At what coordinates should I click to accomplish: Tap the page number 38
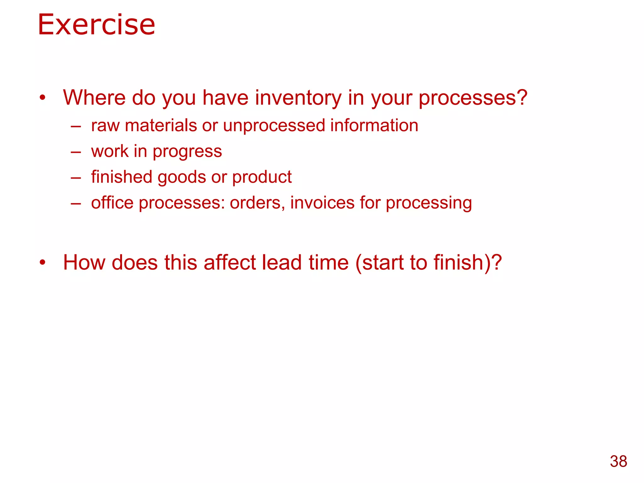(618, 462)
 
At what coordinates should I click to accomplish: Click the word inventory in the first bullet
(298, 97)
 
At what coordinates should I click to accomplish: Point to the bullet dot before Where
(42, 98)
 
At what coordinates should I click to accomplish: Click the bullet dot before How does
(42, 262)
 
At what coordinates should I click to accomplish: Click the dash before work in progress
(76, 153)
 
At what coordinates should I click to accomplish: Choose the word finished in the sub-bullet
(122, 177)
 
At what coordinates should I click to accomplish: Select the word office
(112, 203)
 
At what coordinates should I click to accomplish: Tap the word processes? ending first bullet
(473, 98)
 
